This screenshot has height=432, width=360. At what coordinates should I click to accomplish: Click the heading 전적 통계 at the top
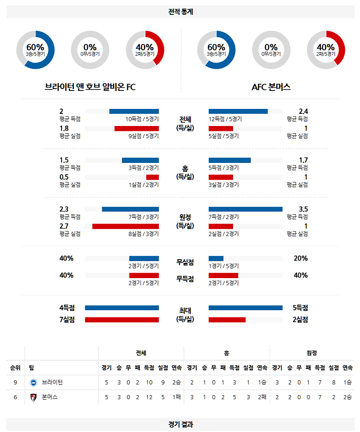click(180, 12)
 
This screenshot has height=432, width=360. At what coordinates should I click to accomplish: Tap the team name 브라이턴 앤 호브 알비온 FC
click(90, 87)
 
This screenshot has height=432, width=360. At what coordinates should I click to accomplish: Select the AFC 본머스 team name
click(271, 87)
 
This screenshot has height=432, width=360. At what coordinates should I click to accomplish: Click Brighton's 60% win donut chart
click(35, 49)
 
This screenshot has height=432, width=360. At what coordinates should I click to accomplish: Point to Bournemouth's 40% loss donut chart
click(325, 49)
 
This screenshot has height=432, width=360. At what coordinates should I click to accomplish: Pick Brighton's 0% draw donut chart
click(90, 49)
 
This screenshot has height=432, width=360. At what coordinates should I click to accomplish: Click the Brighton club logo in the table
click(33, 382)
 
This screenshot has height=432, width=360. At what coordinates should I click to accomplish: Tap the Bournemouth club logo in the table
click(33, 397)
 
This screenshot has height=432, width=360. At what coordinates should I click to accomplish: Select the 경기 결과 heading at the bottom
click(180, 424)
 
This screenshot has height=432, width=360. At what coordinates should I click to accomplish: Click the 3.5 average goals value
click(303, 209)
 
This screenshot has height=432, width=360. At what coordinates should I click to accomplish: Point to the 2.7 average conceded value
click(64, 226)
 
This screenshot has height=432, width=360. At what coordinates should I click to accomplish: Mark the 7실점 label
click(67, 319)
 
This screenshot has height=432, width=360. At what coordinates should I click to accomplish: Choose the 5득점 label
click(300, 308)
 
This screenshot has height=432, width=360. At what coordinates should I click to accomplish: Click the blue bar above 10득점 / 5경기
click(134, 111)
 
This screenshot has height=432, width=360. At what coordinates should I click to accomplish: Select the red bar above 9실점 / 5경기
click(136, 128)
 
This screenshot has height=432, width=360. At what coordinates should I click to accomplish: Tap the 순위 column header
click(15, 368)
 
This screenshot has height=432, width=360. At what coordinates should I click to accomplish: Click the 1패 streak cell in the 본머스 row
click(176, 397)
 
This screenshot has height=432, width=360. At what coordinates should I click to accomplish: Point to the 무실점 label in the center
click(185, 262)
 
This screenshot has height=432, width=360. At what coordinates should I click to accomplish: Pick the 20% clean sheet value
click(301, 258)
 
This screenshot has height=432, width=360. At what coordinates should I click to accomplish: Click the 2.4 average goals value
click(303, 112)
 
